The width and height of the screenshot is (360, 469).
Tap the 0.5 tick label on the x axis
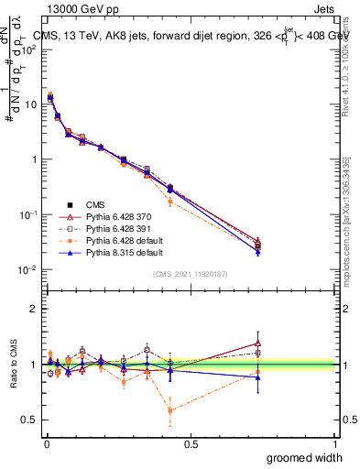pos(191,443)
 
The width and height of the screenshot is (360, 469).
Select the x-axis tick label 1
pos(334,443)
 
